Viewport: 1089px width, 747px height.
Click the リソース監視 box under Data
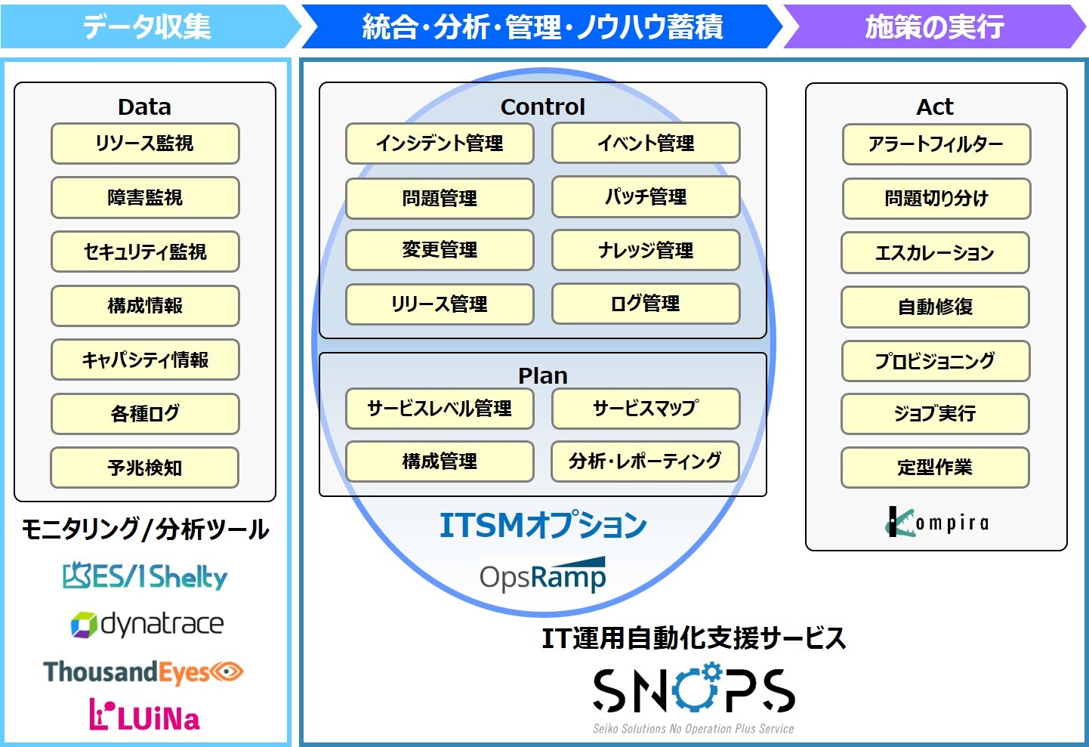click(145, 144)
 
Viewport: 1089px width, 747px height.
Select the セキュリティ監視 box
click(145, 252)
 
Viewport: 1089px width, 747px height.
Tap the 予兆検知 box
click(144, 468)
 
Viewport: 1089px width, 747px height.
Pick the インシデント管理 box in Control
click(440, 143)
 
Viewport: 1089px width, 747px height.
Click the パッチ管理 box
click(646, 197)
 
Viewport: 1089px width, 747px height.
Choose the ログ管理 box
click(646, 304)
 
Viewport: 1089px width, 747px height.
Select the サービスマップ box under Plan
click(646, 408)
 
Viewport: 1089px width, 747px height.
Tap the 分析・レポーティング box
click(645, 461)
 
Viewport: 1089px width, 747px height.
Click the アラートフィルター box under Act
click(936, 144)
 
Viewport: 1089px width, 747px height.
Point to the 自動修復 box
click(935, 307)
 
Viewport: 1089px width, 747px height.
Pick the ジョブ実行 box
click(935, 413)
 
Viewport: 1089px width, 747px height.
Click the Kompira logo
click(936, 522)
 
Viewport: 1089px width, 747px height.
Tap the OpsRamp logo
click(542, 575)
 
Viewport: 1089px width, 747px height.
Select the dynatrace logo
click(147, 625)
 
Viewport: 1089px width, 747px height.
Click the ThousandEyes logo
click(143, 672)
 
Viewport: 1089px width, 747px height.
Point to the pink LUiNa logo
click(144, 715)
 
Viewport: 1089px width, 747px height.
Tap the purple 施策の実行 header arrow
click(934, 26)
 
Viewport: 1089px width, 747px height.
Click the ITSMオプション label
click(543, 525)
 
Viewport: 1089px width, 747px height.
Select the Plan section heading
click(542, 375)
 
